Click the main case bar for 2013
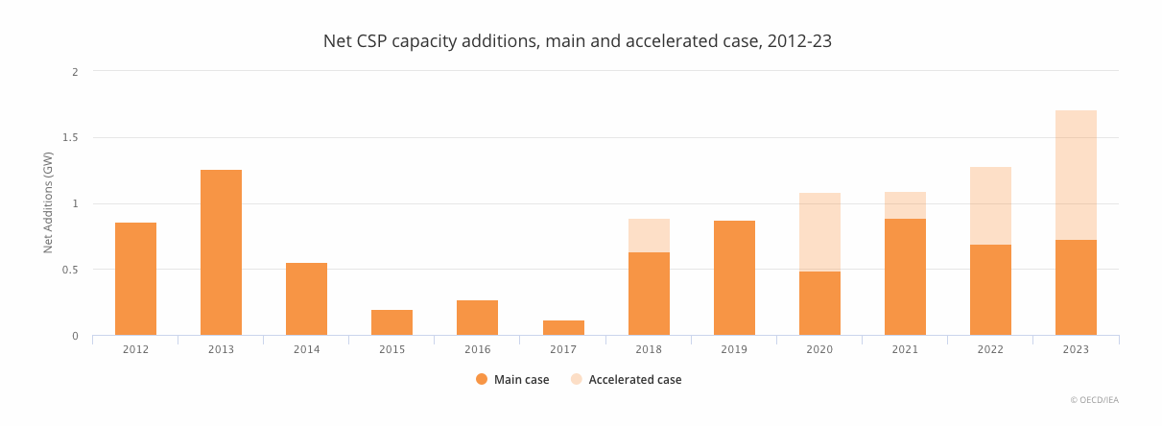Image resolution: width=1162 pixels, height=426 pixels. pos(221,252)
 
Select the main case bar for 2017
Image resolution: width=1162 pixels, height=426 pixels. pos(563,328)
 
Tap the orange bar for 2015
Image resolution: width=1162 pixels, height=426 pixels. pos(391,322)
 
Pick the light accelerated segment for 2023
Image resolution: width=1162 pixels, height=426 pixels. pos(1076,175)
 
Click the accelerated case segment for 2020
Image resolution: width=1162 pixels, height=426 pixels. pos(819,232)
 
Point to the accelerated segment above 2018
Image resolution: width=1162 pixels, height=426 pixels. pos(649,235)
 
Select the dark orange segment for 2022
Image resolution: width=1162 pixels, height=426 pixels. pos(990,290)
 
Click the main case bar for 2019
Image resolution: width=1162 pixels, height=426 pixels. pos(734,278)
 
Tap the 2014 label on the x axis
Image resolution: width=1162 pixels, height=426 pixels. pos(306,349)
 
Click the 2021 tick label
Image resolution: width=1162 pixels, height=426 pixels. pos(905,349)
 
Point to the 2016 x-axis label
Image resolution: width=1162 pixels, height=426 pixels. pos(477,349)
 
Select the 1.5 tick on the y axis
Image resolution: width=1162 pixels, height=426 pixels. pos(71,137)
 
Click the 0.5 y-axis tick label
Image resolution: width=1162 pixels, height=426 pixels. pos(71,270)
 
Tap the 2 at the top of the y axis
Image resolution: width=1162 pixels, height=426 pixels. pos(75,72)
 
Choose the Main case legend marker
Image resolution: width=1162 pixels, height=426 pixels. pos(482,379)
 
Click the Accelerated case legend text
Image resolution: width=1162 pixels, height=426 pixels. pos(635,379)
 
